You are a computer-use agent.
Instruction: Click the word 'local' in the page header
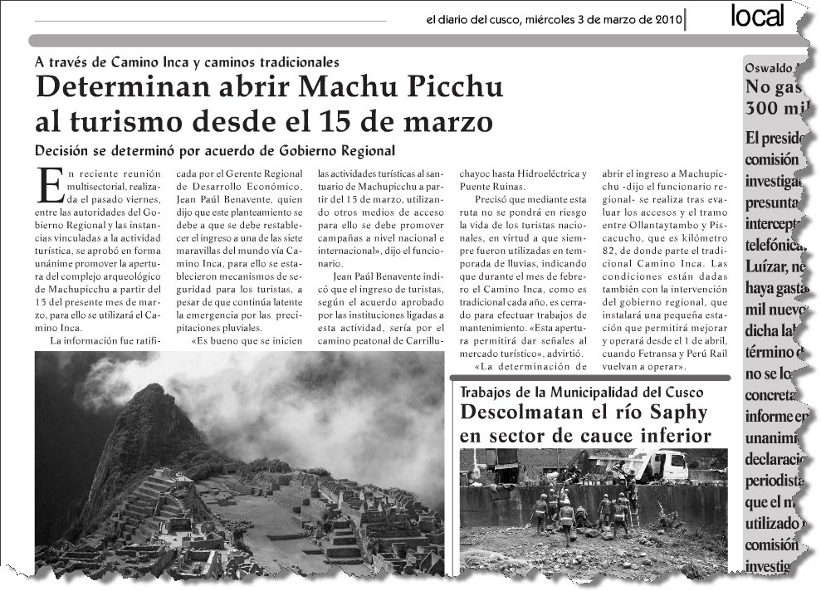[757, 17]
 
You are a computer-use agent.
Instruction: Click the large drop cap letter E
[51, 183]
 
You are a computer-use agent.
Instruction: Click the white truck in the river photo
[657, 465]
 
